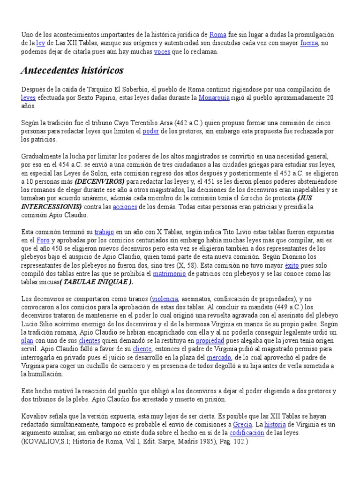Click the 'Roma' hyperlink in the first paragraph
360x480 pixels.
tap(218, 35)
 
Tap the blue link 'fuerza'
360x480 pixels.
tap(308, 43)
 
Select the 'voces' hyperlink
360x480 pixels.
tap(162, 52)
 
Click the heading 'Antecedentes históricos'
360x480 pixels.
tap(72, 71)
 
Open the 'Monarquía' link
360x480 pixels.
tap(214, 97)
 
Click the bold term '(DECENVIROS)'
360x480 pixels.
tap(99, 181)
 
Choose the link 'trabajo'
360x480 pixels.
tap(104, 232)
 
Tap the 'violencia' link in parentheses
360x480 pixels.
tap(164, 299)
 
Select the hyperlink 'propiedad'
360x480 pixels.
tap(210, 341)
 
